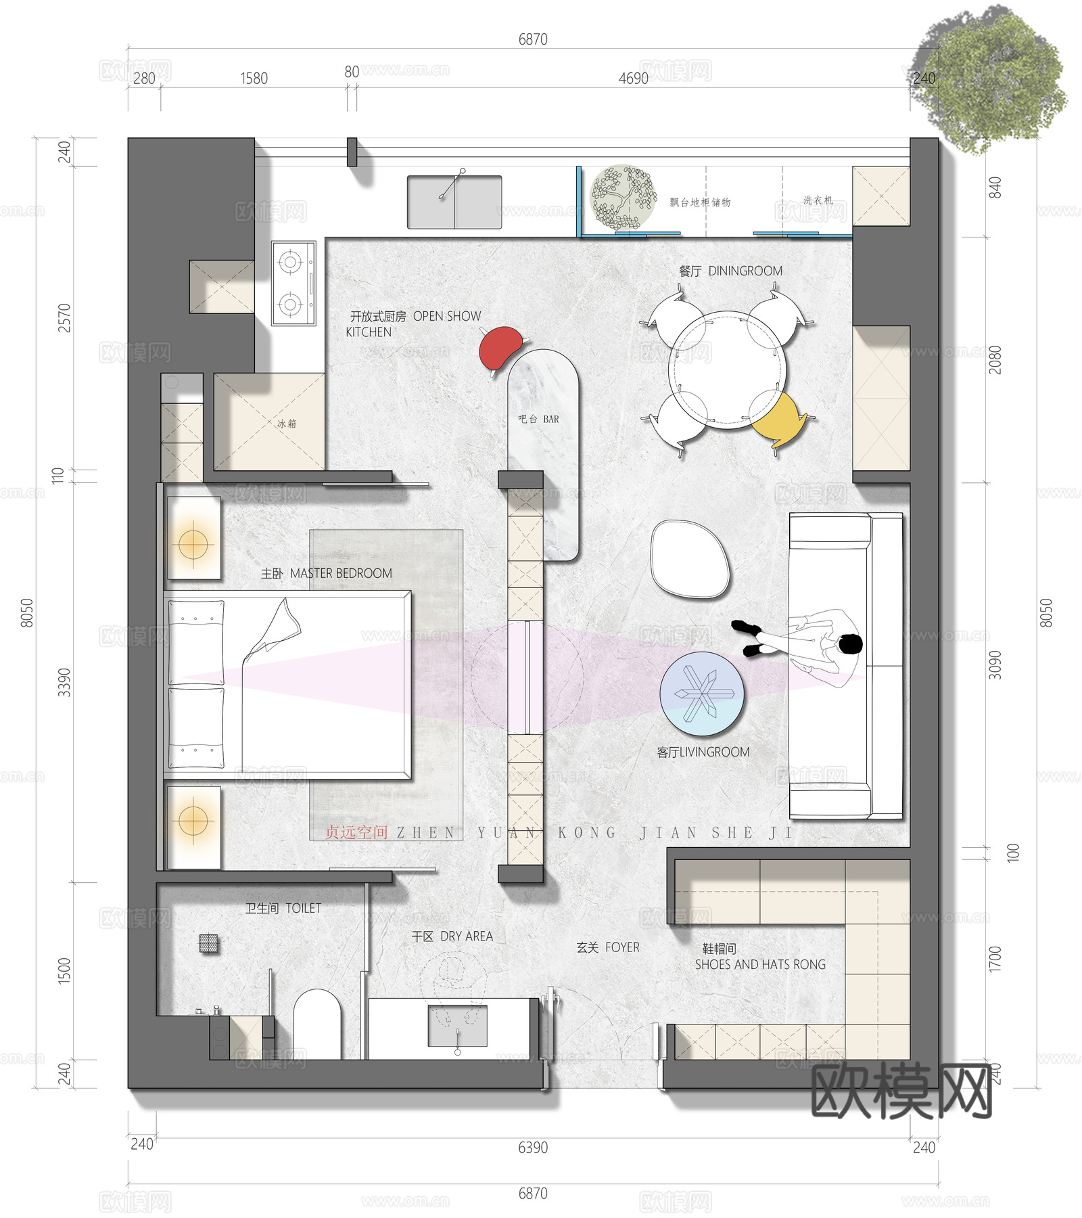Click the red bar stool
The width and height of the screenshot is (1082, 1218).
pyautogui.click(x=501, y=347)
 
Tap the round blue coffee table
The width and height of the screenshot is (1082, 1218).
pyautogui.click(x=702, y=694)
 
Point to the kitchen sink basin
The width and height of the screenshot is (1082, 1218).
pyautogui.click(x=454, y=202)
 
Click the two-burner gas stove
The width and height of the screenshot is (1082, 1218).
pyautogui.click(x=293, y=284)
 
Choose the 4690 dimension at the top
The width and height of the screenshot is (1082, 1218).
pyautogui.click(x=633, y=78)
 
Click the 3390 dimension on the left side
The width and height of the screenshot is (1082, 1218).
pyautogui.click(x=64, y=682)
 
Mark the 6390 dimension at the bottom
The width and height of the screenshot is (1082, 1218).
pyautogui.click(x=533, y=1148)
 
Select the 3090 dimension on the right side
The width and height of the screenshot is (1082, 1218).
pyautogui.click(x=995, y=664)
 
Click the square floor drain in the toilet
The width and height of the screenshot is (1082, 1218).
pyautogui.click(x=209, y=943)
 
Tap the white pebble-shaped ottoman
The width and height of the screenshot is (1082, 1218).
pyautogui.click(x=690, y=559)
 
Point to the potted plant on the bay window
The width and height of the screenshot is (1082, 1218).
pyautogui.click(x=624, y=198)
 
